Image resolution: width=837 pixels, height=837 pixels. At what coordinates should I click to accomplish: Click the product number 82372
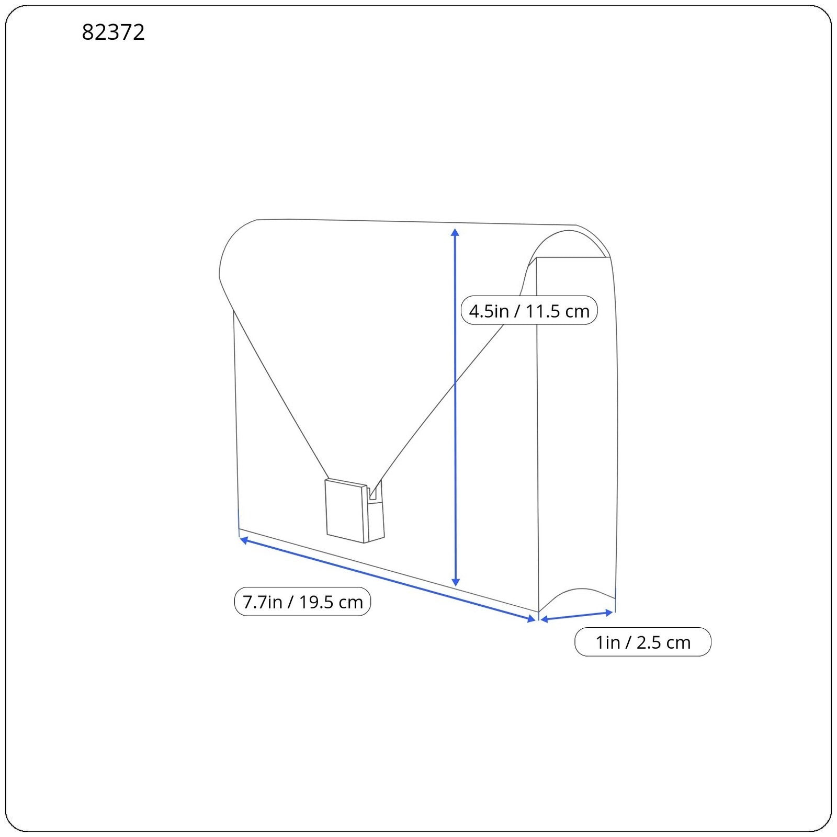pyautogui.click(x=113, y=32)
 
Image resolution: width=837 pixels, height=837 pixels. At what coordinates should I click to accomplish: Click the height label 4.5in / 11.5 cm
pyautogui.click(x=529, y=311)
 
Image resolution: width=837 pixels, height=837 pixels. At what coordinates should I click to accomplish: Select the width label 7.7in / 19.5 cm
pyautogui.click(x=302, y=602)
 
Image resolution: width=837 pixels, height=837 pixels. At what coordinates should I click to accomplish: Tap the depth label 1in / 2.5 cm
pyautogui.click(x=643, y=642)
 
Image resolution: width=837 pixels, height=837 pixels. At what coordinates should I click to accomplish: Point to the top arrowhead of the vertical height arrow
pyautogui.click(x=455, y=232)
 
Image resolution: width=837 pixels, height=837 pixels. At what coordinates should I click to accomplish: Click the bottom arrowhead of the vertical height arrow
pyautogui.click(x=456, y=582)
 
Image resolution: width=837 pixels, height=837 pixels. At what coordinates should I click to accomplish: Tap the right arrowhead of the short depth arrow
pyautogui.click(x=608, y=612)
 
